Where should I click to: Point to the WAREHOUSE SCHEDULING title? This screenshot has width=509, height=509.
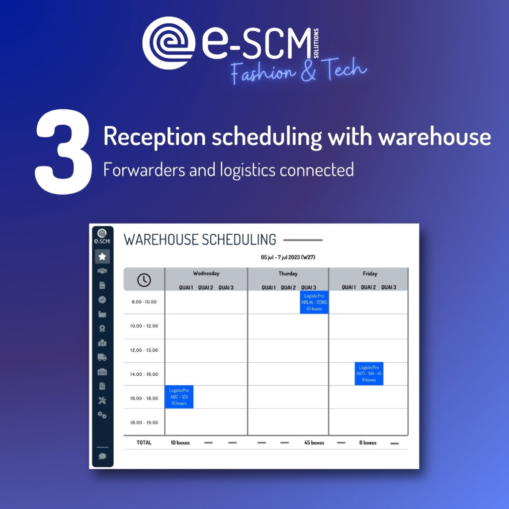(200, 240)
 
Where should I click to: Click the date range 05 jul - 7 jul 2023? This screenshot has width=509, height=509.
(288, 257)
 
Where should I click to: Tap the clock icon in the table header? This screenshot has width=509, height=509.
(144, 280)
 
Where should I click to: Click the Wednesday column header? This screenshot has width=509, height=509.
(206, 273)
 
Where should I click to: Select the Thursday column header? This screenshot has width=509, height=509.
(288, 273)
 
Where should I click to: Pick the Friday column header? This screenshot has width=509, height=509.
(370, 273)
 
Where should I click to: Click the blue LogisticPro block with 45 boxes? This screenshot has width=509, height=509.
(314, 302)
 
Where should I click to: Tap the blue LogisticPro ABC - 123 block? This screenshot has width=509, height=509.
(179, 397)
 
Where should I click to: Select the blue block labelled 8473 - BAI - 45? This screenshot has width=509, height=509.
(369, 374)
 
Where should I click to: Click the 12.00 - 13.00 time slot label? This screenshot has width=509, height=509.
(144, 350)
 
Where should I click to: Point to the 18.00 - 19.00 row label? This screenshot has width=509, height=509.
(144, 423)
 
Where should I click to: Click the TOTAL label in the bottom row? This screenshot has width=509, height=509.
(144, 442)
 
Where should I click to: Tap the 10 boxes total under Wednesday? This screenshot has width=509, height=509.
(180, 442)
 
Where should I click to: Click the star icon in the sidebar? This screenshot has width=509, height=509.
(102, 256)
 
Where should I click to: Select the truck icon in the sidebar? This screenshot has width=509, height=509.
(102, 357)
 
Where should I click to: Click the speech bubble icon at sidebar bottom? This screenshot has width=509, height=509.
(102, 456)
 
